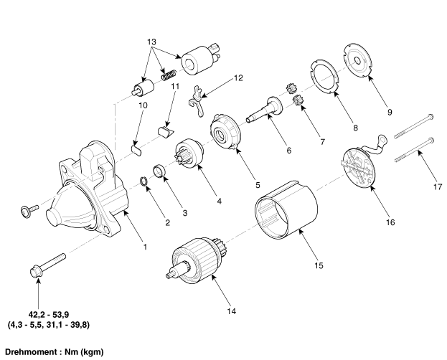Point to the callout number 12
pyautogui.click(x=238, y=77)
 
